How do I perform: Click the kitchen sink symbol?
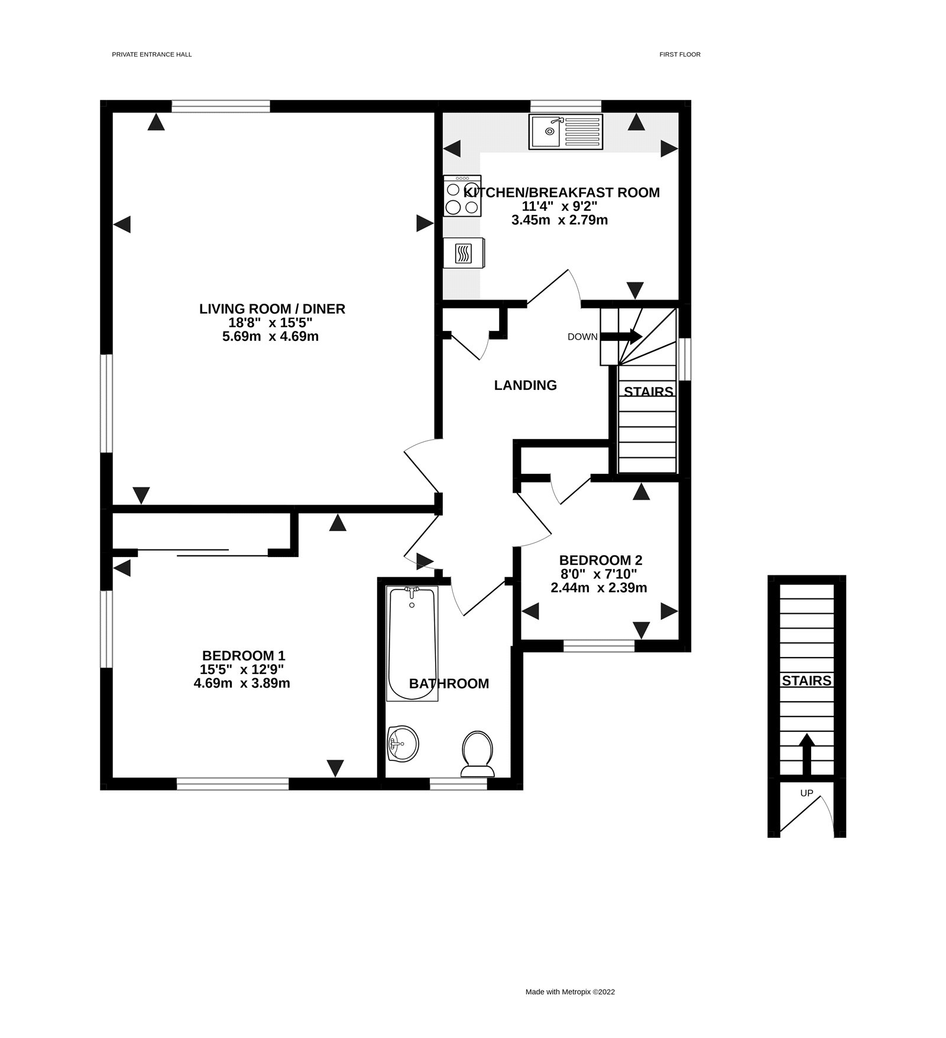[566, 132]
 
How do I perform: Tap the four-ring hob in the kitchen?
[462, 196]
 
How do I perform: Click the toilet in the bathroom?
[477, 754]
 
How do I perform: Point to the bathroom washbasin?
[403, 744]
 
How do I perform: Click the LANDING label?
[525, 385]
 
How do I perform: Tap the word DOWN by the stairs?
[582, 337]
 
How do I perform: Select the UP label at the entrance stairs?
[806, 793]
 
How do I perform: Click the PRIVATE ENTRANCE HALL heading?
[152, 54]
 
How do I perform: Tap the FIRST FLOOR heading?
[680, 54]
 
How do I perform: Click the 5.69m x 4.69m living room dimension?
[270, 337]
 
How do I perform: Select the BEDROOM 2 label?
[601, 560]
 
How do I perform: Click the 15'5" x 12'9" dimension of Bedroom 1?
[242, 669]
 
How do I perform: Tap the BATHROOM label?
[449, 684]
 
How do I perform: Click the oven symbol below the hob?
[463, 253]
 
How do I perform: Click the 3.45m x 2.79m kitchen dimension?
[559, 220]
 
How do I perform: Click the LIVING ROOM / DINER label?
[272, 308]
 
